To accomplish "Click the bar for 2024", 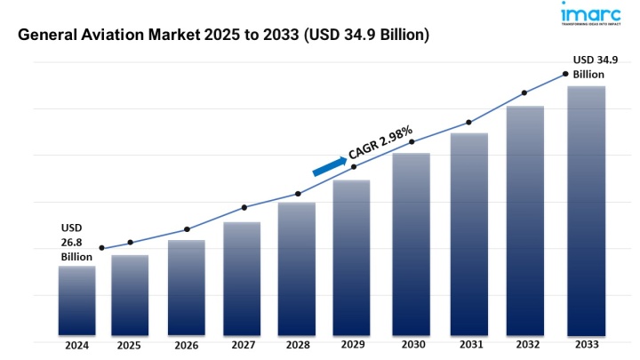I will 76,300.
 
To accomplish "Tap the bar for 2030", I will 412,244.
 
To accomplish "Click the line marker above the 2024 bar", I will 102,248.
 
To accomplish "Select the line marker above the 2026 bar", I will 187,229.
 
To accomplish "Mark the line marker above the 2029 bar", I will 354,167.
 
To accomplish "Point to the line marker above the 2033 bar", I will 565,74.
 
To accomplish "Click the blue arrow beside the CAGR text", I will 329,165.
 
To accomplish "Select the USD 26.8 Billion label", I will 76,243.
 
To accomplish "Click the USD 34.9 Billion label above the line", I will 594,68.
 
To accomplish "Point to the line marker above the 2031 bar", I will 468,123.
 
